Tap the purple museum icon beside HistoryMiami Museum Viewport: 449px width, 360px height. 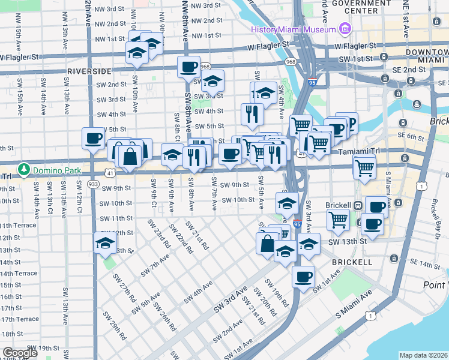pos(344,29)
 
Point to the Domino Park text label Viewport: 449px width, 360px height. pos(57,170)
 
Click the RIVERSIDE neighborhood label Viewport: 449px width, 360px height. pos(89,71)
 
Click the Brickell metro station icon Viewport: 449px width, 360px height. pos(358,205)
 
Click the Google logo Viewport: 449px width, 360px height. pos(20,353)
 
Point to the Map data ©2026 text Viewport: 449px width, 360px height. pos(423,355)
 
